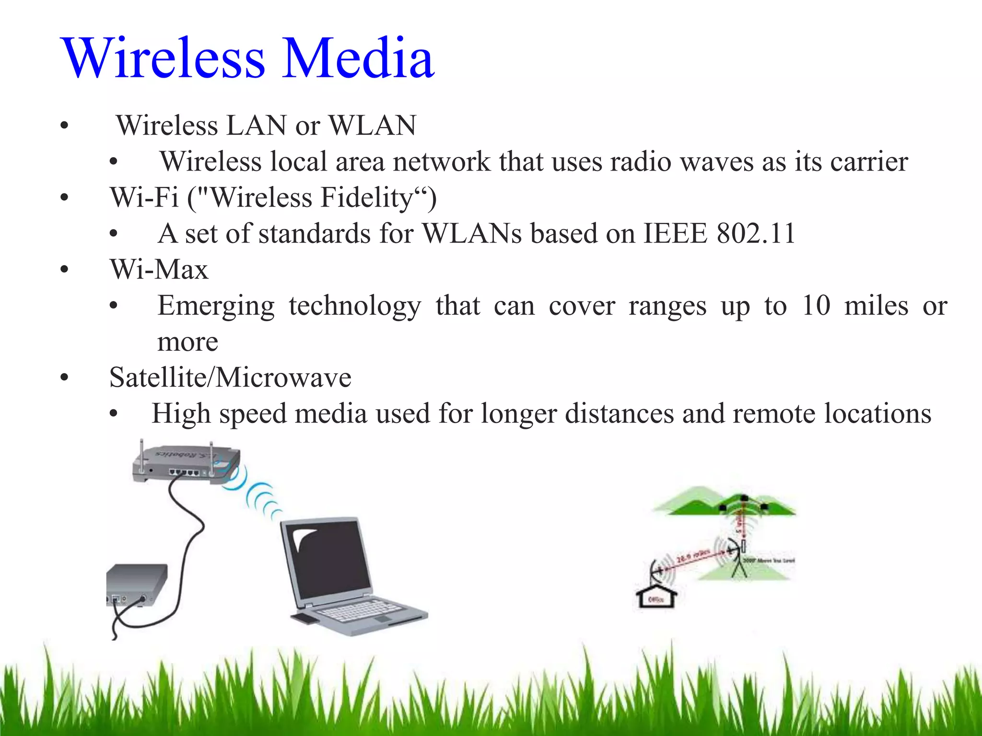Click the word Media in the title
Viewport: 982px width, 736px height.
click(x=358, y=58)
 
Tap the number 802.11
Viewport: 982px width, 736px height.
click(x=756, y=234)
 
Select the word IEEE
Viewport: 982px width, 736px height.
click(x=675, y=234)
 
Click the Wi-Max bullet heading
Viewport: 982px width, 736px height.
click(x=159, y=269)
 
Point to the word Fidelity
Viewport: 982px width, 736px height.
click(x=366, y=197)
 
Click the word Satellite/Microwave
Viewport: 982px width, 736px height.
click(x=230, y=378)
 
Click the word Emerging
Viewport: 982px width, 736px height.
click(x=216, y=307)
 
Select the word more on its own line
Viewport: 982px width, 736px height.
click(x=187, y=342)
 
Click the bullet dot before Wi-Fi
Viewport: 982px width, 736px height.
click(x=64, y=198)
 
